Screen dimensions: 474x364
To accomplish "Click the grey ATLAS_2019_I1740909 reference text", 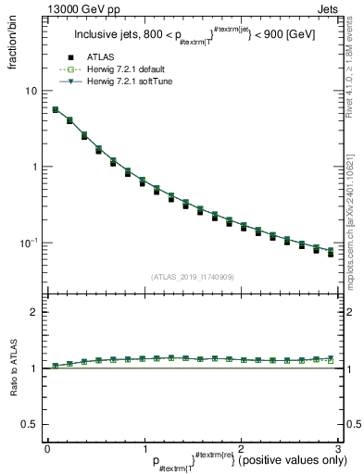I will pos(191,277).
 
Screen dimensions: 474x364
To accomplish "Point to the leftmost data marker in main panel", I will pos(56,110).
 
